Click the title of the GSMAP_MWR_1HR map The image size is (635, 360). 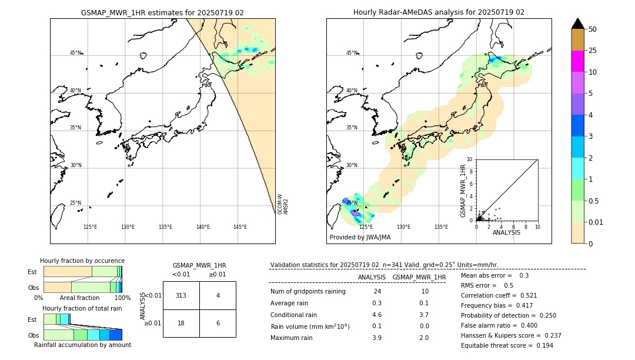162,12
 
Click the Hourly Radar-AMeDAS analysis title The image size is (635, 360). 439,12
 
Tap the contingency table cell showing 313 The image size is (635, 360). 181,295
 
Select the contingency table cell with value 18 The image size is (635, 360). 181,323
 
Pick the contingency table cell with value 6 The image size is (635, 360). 218,323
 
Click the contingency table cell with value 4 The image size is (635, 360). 218,295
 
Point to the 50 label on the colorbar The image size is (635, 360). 593,29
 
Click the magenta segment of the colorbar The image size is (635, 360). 577,61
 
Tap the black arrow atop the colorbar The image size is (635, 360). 577,24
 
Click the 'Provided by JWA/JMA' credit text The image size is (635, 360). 360,238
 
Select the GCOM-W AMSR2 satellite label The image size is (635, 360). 283,204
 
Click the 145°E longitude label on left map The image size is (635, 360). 240,227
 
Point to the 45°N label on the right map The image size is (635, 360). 351,53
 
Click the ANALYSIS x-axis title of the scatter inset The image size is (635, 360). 506,232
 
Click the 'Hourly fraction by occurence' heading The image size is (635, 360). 82,261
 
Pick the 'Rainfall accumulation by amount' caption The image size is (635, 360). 82,345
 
